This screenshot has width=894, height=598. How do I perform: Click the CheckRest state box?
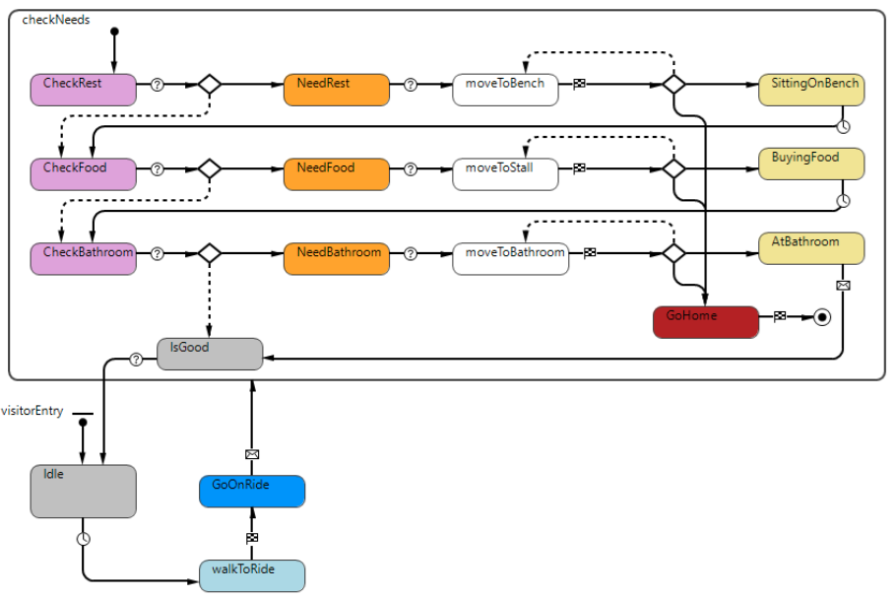point(84,90)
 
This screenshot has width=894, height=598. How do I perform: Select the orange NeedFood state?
point(337,174)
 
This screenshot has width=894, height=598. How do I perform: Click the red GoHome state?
point(706,322)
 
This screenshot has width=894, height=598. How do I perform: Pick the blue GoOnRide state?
point(252,492)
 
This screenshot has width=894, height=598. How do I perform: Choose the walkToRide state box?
point(252,575)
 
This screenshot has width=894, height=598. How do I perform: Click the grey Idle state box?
point(83,491)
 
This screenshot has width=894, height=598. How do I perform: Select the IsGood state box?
point(210,354)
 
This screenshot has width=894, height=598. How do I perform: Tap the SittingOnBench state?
point(811,90)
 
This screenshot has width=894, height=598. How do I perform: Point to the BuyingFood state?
point(811,164)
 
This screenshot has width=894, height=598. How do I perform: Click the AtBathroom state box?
point(811,248)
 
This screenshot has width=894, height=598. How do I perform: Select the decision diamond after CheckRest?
point(209,85)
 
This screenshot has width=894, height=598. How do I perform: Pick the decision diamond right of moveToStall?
point(673,168)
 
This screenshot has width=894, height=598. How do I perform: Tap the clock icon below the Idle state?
point(84,539)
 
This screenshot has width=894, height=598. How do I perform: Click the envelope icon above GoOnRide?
point(252,454)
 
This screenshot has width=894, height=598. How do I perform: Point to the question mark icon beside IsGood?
point(137,360)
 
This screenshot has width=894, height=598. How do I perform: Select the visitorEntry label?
point(32,411)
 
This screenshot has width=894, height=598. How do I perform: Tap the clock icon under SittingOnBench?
point(843,125)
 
